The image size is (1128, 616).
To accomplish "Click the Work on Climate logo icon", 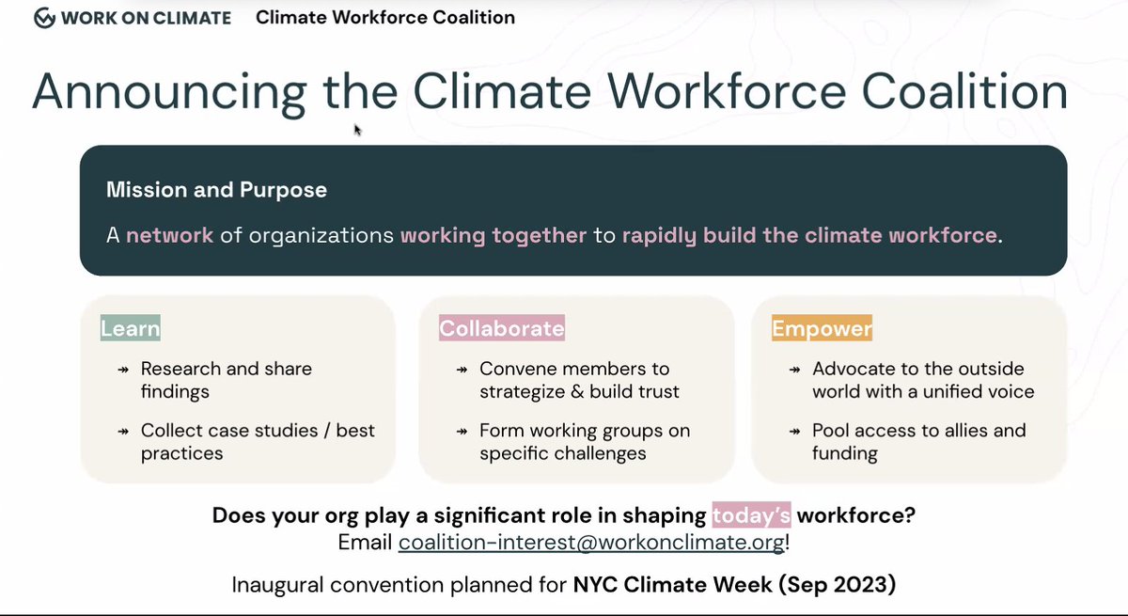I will coord(44,18).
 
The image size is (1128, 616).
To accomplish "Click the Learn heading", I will coord(131,328).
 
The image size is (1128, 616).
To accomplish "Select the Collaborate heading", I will coord(502,328).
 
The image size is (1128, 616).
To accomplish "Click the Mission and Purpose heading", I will coord(216,190).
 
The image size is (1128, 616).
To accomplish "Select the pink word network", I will coord(170,234).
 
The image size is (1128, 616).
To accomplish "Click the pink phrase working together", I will coord(493,234).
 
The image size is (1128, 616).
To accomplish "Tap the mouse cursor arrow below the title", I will coord(357,130).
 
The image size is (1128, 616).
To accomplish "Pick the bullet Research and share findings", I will coord(226,379).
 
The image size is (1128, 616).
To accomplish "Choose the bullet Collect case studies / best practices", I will coord(257,441).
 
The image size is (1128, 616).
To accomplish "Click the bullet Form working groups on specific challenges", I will coord(584,441).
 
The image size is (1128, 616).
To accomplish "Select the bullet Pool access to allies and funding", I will coord(918,441).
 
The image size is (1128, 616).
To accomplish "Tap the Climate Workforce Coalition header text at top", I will coord(385,18).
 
